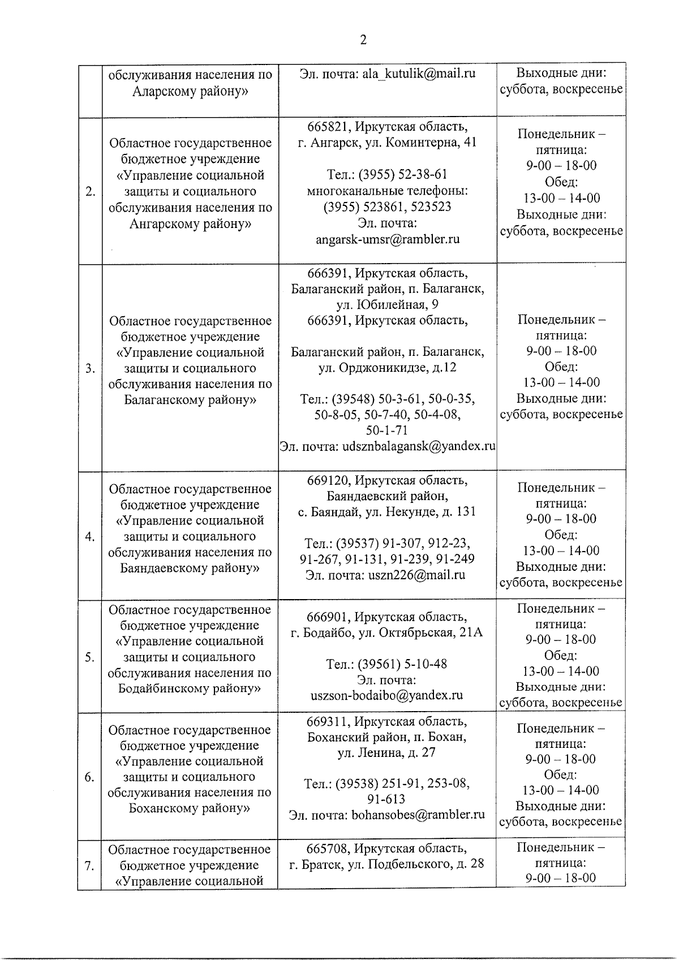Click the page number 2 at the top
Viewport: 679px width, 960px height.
[x=363, y=40]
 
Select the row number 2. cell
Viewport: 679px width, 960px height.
[x=90, y=191]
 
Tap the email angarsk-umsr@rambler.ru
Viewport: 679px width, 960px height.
[x=388, y=239]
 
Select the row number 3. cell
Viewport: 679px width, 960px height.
[x=90, y=369]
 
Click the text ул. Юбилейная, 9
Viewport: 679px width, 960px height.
[x=388, y=305]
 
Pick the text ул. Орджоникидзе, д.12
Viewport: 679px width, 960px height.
[x=388, y=368]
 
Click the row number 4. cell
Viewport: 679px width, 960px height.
[x=90, y=536]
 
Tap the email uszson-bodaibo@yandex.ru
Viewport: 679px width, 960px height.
[x=388, y=695]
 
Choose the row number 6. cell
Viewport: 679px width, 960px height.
[x=89, y=777]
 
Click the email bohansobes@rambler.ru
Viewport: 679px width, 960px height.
[x=418, y=815]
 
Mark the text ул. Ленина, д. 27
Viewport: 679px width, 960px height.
[x=387, y=753]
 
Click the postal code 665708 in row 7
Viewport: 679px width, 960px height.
[x=326, y=849]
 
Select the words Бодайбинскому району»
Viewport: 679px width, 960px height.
[x=190, y=688]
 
